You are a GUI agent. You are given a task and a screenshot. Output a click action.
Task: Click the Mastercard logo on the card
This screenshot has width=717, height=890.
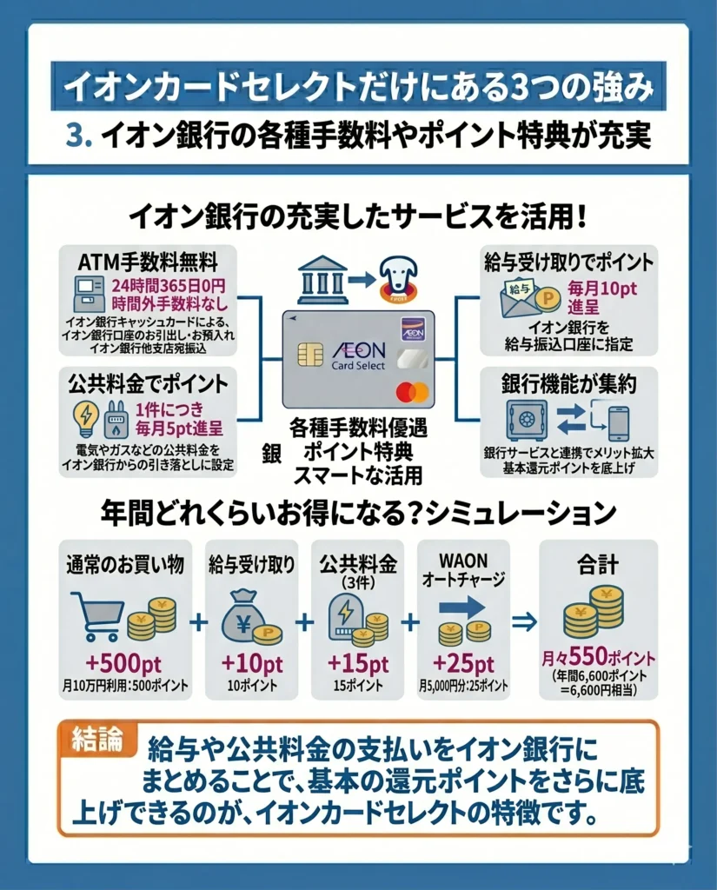tap(412, 392)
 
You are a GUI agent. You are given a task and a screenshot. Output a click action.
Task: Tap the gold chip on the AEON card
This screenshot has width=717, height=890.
tap(310, 355)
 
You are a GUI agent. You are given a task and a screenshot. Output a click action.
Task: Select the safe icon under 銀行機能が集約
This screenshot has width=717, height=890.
tap(526, 421)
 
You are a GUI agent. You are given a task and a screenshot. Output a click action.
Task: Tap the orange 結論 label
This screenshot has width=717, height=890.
tap(97, 739)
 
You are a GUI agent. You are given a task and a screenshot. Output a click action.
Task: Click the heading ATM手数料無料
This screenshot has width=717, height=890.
tap(148, 262)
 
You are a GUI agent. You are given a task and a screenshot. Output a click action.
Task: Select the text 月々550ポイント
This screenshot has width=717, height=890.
tap(598, 657)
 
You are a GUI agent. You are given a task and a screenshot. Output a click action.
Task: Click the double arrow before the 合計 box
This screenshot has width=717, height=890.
tap(525, 622)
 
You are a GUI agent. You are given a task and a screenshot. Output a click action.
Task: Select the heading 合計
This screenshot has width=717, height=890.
tap(598, 565)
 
